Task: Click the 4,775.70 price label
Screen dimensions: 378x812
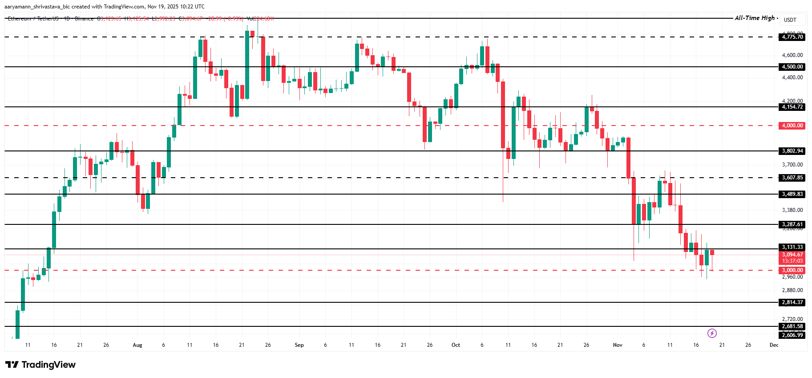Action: click(792, 37)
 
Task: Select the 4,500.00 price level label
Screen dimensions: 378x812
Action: click(792, 67)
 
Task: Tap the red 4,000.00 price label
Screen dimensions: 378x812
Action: click(792, 126)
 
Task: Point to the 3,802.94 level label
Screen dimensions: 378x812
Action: click(792, 151)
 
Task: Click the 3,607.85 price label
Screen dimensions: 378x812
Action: click(792, 178)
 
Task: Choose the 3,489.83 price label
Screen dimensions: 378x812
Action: click(792, 194)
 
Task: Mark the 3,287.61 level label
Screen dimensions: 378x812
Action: click(792, 224)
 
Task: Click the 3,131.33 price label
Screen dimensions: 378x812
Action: click(792, 247)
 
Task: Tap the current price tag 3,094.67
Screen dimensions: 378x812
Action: click(792, 255)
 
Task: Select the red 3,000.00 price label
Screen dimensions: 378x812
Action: click(792, 270)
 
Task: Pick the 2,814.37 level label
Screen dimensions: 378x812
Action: click(792, 302)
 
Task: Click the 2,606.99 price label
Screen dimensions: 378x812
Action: click(792, 335)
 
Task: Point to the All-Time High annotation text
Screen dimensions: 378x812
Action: click(755, 18)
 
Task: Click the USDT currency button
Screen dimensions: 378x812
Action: click(790, 20)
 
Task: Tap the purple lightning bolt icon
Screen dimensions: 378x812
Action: click(712, 333)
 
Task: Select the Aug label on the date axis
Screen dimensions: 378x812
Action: click(137, 345)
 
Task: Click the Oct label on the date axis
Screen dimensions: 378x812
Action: click(456, 345)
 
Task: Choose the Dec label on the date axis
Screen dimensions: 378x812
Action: click(774, 345)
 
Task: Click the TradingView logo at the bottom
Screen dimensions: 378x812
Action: click(40, 365)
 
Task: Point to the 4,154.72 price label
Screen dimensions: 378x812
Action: click(792, 107)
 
